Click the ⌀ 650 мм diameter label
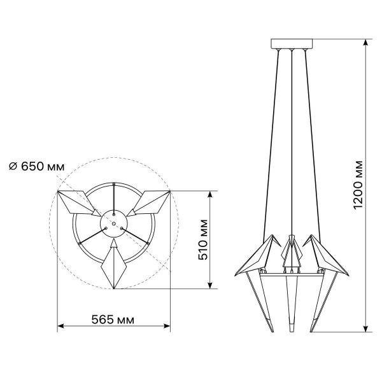pyautogui.click(x=36, y=167)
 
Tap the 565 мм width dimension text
pyautogui.click(x=113, y=320)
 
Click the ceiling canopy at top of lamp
pyautogui.click(x=292, y=44)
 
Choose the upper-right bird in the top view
pyautogui.click(x=150, y=202)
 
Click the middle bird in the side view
pyautogui.click(x=292, y=251)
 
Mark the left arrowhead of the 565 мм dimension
pyautogui.click(x=60, y=326)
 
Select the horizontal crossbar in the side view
pyautogui.click(x=292, y=274)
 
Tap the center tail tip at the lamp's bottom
pyautogui.click(x=292, y=330)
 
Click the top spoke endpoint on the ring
pyautogui.click(x=113, y=185)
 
